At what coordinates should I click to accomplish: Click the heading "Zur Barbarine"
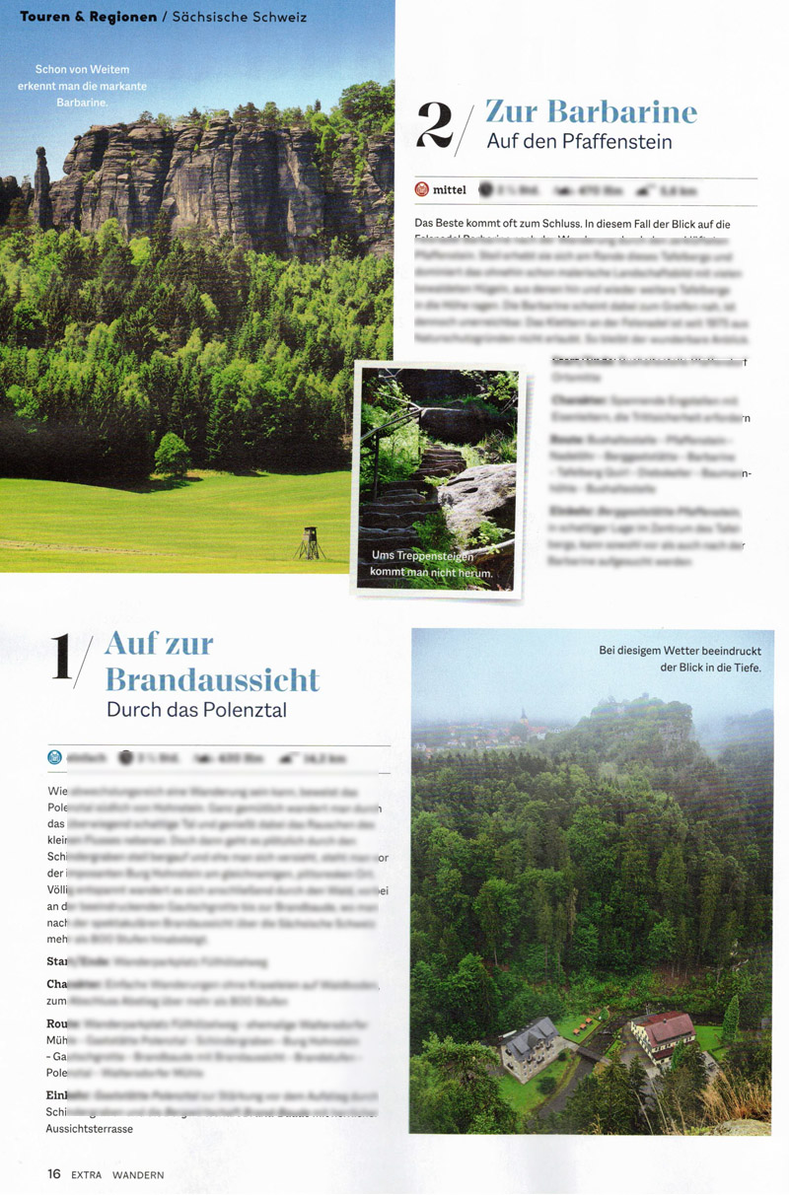click(x=592, y=110)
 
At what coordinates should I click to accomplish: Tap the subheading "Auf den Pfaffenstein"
click(x=579, y=142)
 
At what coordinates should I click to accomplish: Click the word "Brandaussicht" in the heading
click(x=212, y=679)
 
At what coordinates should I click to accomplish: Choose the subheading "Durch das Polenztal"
click(x=196, y=709)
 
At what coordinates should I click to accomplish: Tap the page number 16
click(x=54, y=1174)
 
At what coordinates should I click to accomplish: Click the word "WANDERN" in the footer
click(x=137, y=1174)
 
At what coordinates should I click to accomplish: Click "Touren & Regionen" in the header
click(x=88, y=18)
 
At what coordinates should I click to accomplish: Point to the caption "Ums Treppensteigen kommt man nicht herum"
click(x=431, y=564)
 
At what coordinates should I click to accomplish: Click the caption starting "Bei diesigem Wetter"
click(x=680, y=659)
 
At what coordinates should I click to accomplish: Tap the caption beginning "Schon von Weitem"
click(x=90, y=86)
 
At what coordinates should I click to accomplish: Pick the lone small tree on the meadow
click(x=173, y=456)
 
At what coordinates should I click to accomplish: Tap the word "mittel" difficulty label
click(x=450, y=190)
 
